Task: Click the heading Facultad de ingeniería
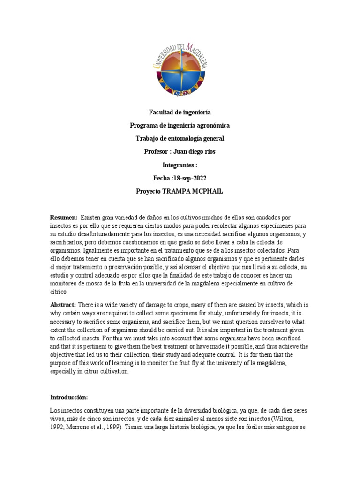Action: (x=180, y=112)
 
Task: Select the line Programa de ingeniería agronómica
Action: (x=180, y=126)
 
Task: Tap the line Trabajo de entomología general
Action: (x=180, y=138)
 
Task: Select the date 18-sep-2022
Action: (x=190, y=179)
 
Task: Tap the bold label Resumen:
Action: (x=64, y=218)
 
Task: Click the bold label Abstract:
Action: (x=64, y=305)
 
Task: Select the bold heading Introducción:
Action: (x=69, y=397)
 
